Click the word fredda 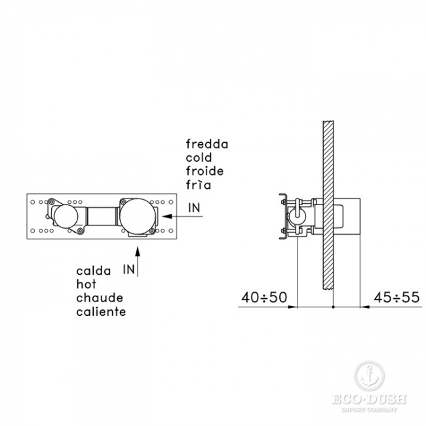pyautogui.click(x=207, y=144)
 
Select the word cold pyautogui.click(x=199, y=157)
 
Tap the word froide pyautogui.click(x=205, y=171)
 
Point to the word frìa pyautogui.click(x=199, y=185)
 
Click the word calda pyautogui.click(x=94, y=271)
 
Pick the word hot pyautogui.click(x=86, y=284)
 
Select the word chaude pyautogui.click(x=100, y=298)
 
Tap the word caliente pyautogui.click(x=101, y=311)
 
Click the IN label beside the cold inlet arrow pyautogui.click(x=194, y=208)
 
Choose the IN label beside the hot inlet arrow pyautogui.click(x=128, y=269)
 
